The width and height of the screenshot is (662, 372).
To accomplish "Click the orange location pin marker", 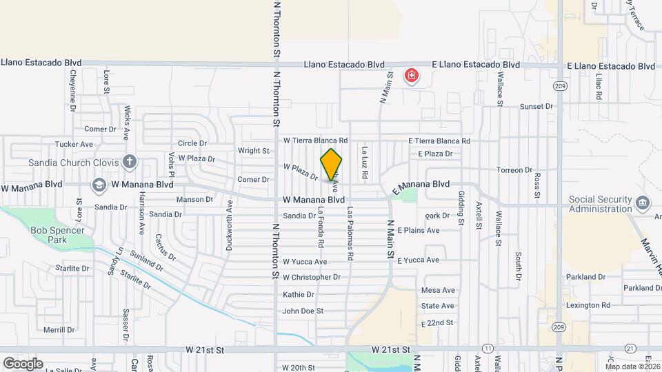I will coord(332,165).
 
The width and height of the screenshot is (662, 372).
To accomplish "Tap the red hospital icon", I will coord(412,75).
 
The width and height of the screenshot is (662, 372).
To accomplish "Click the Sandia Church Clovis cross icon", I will coord(129,163).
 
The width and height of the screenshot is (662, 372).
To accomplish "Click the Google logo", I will coord(22,363).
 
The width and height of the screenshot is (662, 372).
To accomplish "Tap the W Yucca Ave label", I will coord(305,262).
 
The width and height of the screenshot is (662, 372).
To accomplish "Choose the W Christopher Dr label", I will coord(312,277).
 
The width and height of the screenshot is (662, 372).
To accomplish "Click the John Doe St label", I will coord(303,311).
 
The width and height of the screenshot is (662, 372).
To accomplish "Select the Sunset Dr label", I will coord(536,107).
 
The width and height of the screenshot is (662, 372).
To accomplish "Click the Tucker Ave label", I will coord(74,145).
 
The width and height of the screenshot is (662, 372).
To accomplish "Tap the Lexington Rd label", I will coord(588,305).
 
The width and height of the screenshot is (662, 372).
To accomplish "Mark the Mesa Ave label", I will coord(438,291).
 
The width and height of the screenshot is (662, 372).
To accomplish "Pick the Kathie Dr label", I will coord(298,294).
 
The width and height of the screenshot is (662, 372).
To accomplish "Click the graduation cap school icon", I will coord(99,185).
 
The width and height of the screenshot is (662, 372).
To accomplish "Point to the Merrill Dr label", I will coord(58,330).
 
